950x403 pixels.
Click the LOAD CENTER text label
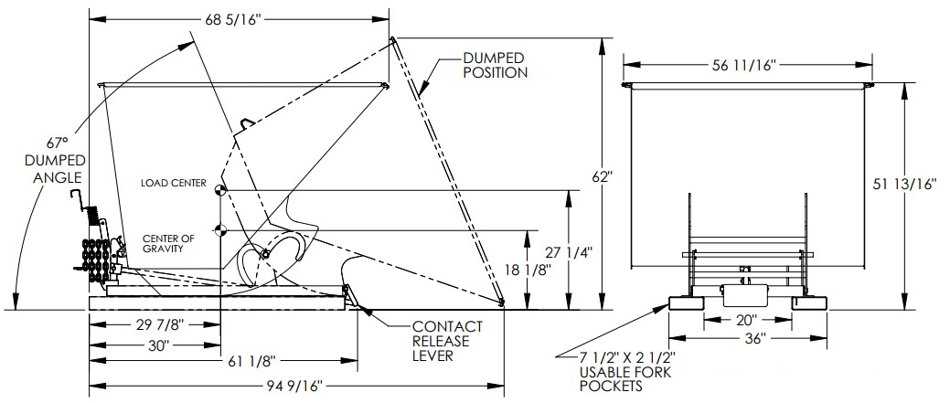[173, 183]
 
